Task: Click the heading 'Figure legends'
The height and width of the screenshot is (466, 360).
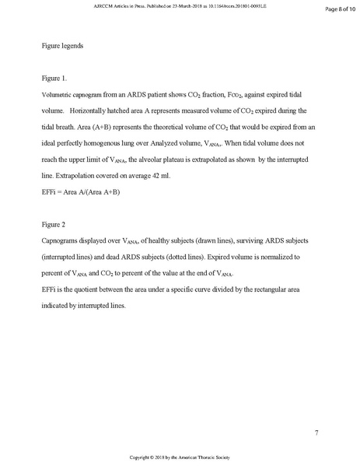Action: tap(62, 47)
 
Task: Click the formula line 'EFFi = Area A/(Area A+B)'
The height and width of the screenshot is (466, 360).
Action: tap(82, 191)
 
